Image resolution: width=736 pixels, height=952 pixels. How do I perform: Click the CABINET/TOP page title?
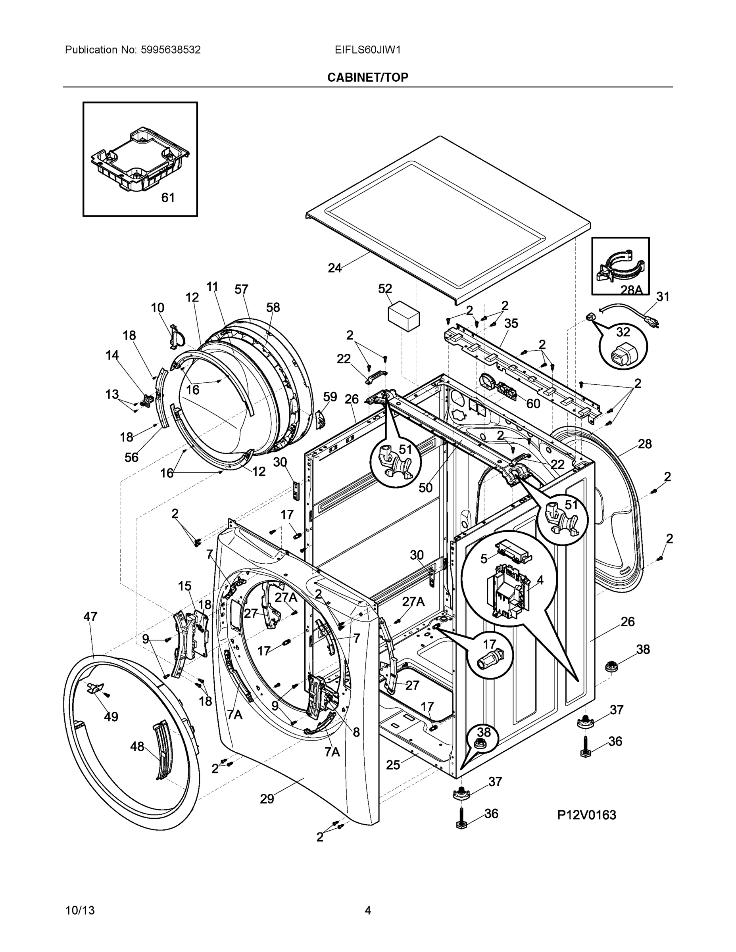coord(367,78)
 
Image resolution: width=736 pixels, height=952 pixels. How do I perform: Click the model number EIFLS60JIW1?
coord(367,50)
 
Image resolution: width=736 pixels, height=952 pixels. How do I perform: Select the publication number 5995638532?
coord(170,50)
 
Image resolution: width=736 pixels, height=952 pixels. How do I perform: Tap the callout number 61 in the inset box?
coord(168,198)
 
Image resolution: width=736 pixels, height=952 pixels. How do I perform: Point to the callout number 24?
coord(334,269)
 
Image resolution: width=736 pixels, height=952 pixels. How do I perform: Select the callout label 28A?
coord(631,290)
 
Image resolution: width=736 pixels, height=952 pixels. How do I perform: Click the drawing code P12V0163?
coord(586,815)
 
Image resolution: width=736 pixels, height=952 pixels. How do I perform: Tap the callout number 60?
coord(533,404)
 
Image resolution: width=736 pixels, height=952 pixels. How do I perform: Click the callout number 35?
coord(511,323)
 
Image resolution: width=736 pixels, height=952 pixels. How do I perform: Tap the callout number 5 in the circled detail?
coord(484,559)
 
